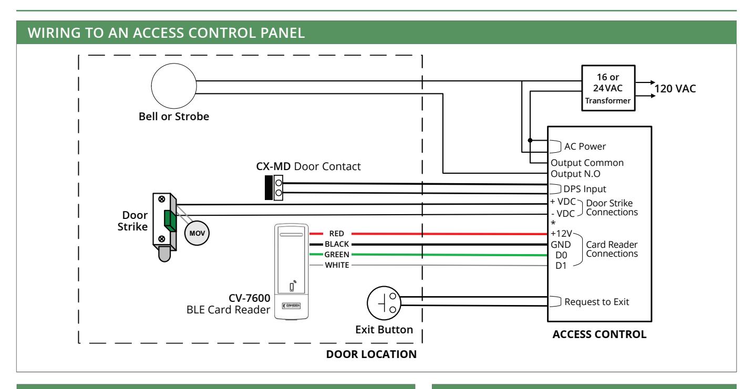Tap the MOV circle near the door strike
coord(197,233)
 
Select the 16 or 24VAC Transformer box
coord(608,88)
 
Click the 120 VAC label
coord(675,89)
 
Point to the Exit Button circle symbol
coord(384,303)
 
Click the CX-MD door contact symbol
coord(274,187)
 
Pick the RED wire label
coord(337,233)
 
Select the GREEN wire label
coord(337,255)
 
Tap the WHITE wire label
coord(337,265)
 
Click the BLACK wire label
coord(337,244)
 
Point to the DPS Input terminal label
coord(585,189)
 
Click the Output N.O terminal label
coord(575,174)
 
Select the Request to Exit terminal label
coord(596,301)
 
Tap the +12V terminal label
coord(561,233)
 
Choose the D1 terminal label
coord(561,266)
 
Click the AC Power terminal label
coord(585,146)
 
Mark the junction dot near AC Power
coord(530,140)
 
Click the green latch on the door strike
coord(170,221)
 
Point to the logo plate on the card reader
coord(291,306)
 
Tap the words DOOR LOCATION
coord(371,354)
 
